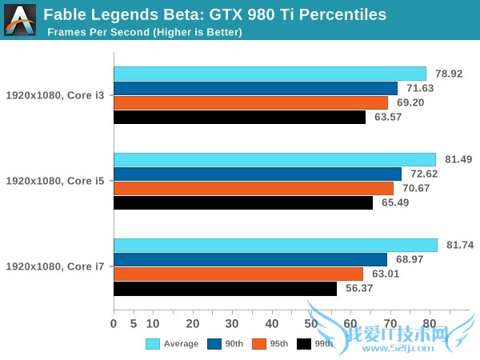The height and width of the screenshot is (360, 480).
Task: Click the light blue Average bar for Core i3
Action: point(270,74)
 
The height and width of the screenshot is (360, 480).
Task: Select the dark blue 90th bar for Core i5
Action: point(258,174)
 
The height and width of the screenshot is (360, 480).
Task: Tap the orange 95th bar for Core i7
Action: point(238,274)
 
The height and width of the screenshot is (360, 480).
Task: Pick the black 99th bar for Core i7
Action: point(225,289)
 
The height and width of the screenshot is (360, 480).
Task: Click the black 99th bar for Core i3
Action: point(240,117)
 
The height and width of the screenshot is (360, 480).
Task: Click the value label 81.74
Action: point(458,246)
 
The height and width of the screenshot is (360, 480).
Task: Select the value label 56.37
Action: point(358,289)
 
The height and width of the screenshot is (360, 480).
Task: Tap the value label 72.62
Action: point(422,174)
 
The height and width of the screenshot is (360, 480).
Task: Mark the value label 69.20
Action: point(409,102)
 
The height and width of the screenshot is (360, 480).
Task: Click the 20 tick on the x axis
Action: point(192,323)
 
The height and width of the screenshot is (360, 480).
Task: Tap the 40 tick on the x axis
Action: point(271,323)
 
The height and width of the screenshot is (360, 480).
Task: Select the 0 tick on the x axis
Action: point(114,323)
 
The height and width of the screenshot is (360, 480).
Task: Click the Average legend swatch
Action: point(153,344)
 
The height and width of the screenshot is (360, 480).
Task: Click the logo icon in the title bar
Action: point(20,18)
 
